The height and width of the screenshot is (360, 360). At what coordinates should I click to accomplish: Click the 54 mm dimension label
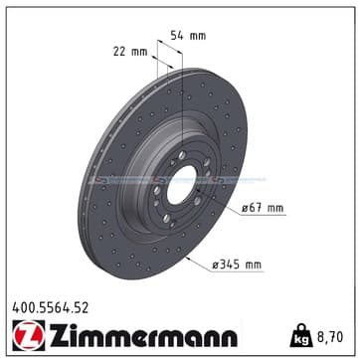[188, 36]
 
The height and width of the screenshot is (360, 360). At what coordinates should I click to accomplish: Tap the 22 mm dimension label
[130, 52]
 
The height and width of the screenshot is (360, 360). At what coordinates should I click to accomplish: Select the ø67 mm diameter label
[263, 208]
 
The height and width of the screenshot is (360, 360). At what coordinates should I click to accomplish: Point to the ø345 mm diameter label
[237, 265]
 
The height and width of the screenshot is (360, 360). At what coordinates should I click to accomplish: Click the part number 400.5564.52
[51, 308]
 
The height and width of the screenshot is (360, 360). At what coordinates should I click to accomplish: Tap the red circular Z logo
[29, 335]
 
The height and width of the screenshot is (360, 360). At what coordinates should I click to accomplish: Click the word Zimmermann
[143, 335]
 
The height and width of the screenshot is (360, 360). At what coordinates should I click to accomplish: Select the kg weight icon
[301, 335]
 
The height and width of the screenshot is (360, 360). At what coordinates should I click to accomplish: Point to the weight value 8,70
[330, 337]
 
